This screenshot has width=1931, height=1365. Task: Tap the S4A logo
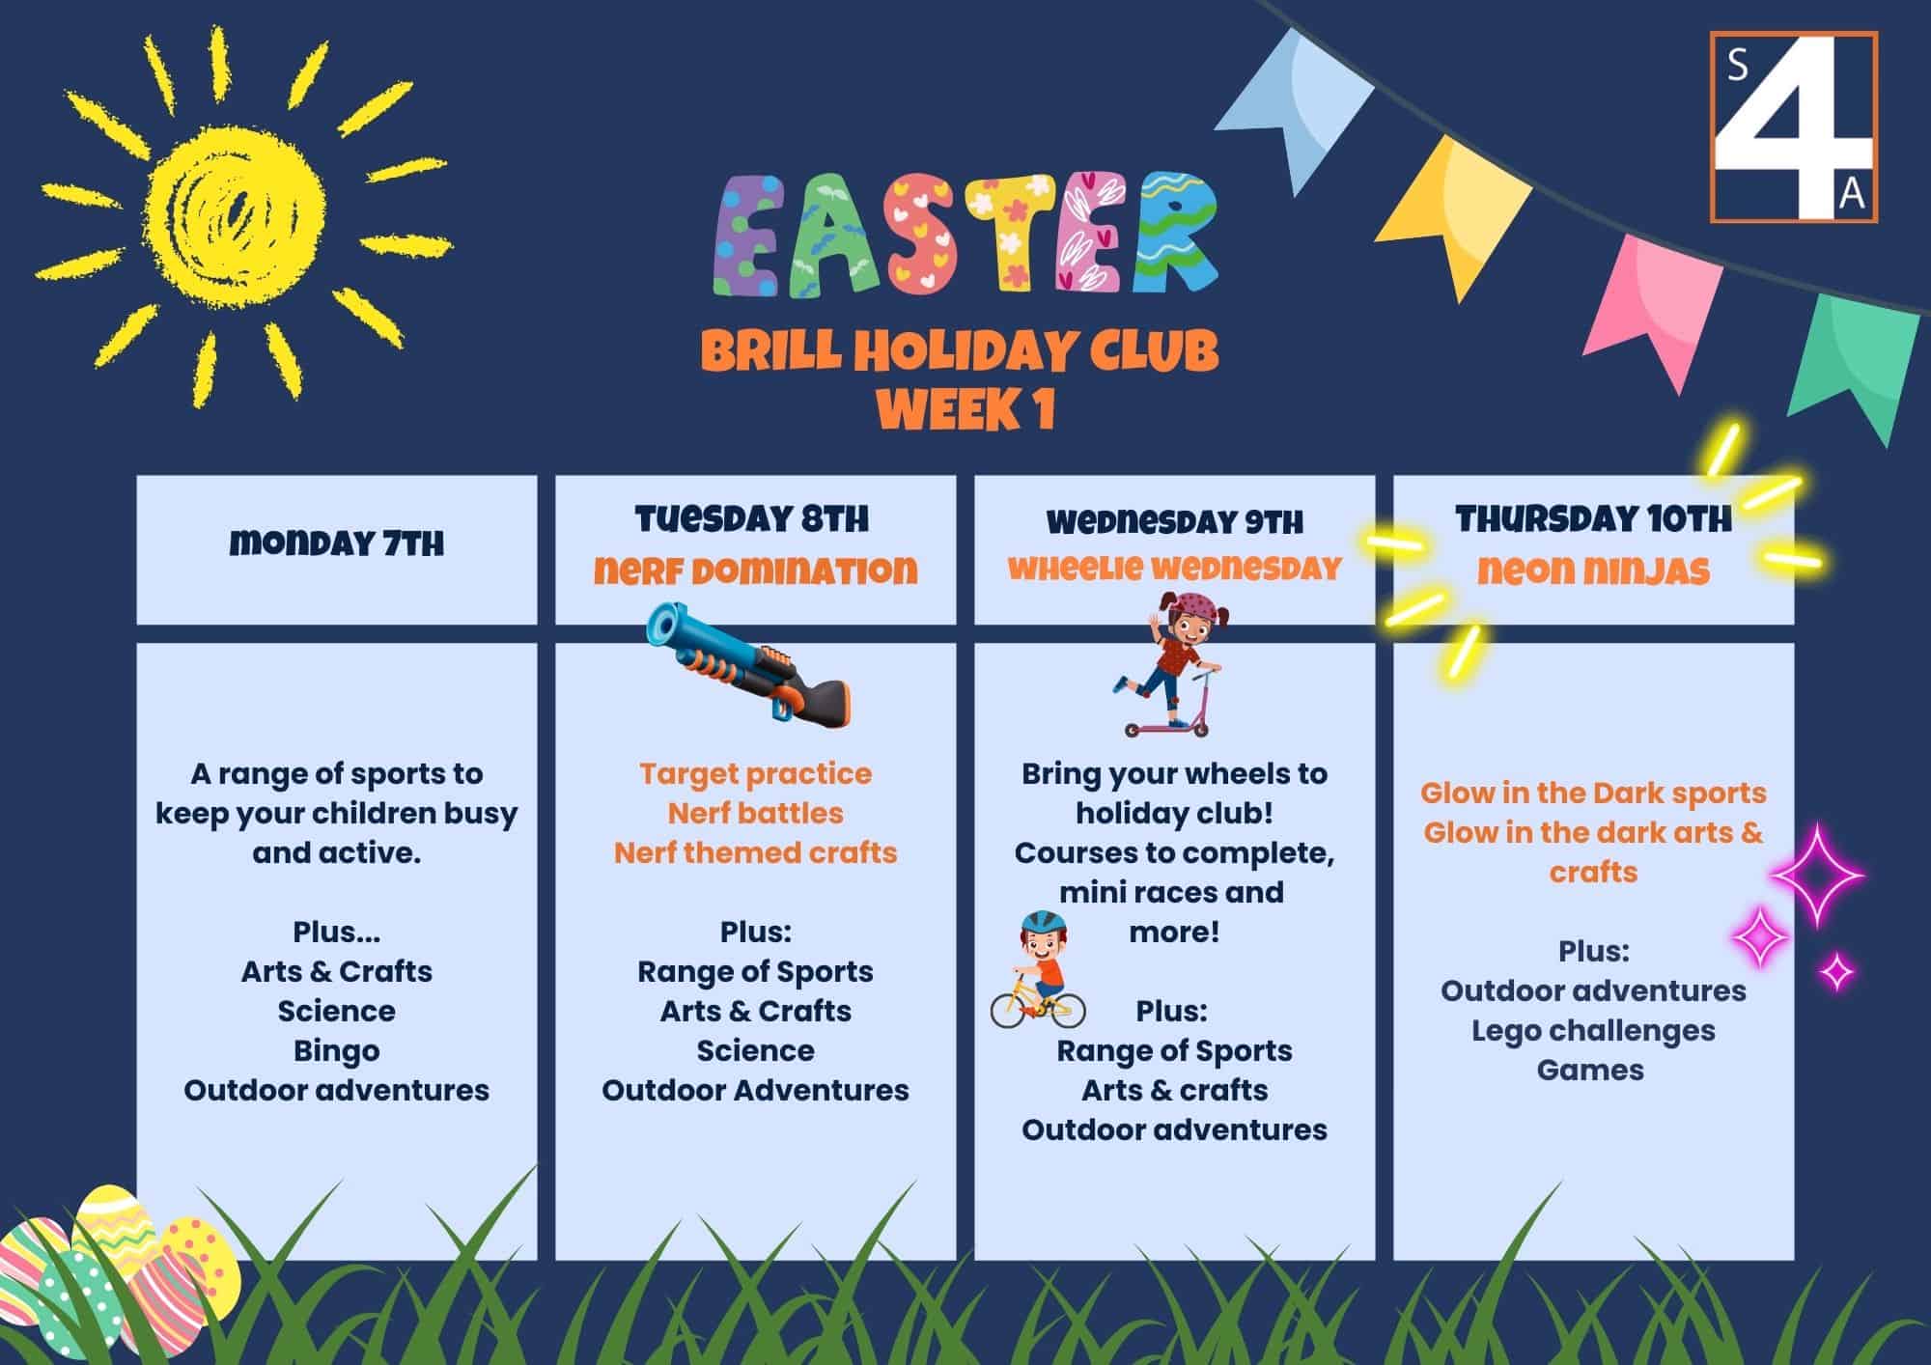(1794, 127)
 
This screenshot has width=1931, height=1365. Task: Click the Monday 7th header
(337, 543)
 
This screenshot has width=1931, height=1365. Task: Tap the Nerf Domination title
(755, 571)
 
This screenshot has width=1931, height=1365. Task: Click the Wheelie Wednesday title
(1174, 568)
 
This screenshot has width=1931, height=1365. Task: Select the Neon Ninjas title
(1593, 571)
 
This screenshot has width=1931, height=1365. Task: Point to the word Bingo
(337, 1050)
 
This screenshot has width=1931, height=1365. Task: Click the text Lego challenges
(1593, 1031)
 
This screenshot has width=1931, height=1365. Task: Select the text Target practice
(755, 774)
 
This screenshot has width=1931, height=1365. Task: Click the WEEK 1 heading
(965, 409)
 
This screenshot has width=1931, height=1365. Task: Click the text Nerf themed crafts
(755, 853)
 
